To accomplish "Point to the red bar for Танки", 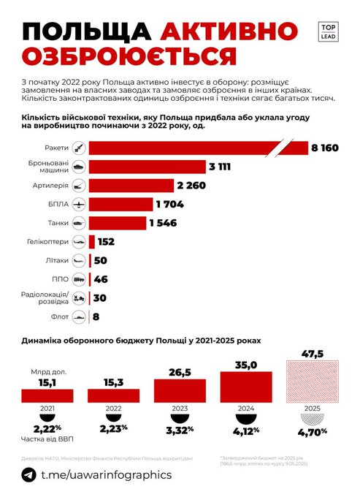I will click(116, 223).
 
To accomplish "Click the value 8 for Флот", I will click(96, 317).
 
